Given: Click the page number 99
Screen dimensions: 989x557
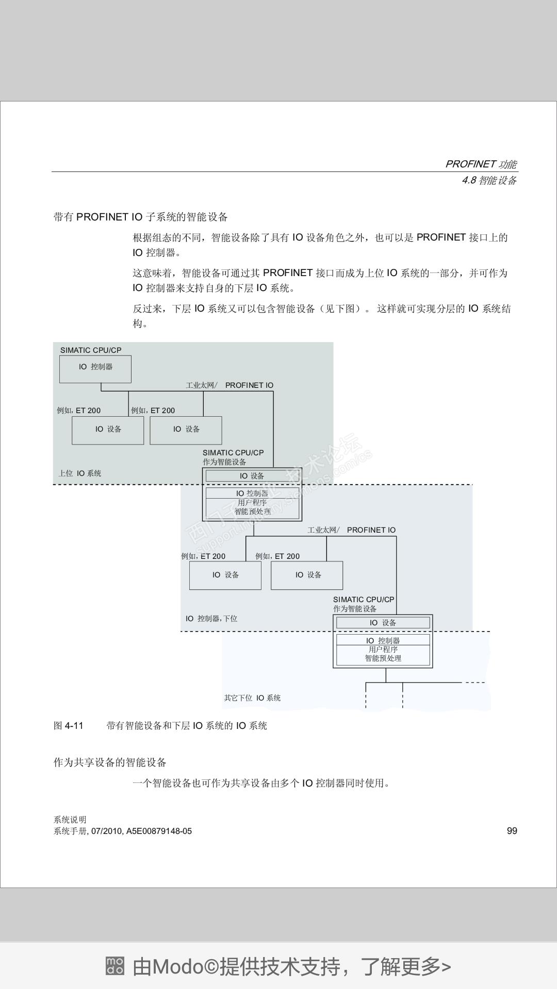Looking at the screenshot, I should click(512, 830).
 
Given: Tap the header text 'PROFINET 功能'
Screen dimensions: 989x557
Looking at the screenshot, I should click(481, 164).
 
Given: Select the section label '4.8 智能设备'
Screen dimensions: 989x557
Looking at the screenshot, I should click(489, 180).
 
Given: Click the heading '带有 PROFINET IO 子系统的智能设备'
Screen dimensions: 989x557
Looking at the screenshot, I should click(141, 217).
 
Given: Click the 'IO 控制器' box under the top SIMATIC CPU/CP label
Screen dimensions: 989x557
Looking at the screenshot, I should click(95, 367).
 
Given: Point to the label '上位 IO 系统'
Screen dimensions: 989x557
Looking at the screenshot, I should click(80, 473).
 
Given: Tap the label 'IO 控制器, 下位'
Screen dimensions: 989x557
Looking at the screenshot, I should click(211, 618).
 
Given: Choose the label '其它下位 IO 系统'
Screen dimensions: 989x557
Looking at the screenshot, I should click(252, 698).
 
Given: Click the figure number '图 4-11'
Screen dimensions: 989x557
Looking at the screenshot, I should click(69, 726).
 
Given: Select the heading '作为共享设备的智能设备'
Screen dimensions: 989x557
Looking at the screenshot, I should click(110, 762).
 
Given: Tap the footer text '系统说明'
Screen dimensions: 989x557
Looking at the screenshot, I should click(70, 820).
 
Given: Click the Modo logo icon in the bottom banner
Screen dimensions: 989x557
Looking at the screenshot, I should click(114, 966).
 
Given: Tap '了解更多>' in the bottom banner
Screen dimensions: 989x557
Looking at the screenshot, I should click(405, 966).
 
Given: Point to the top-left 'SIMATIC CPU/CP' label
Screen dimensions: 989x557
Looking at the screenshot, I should click(91, 350).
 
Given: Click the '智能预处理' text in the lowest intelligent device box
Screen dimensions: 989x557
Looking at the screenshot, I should click(383, 658).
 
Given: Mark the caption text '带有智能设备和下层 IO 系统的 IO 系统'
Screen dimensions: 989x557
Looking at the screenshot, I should click(187, 726).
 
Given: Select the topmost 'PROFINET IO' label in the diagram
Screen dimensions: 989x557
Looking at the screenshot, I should click(249, 385).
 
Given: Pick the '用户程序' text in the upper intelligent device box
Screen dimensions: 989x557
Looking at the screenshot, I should click(252, 502).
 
